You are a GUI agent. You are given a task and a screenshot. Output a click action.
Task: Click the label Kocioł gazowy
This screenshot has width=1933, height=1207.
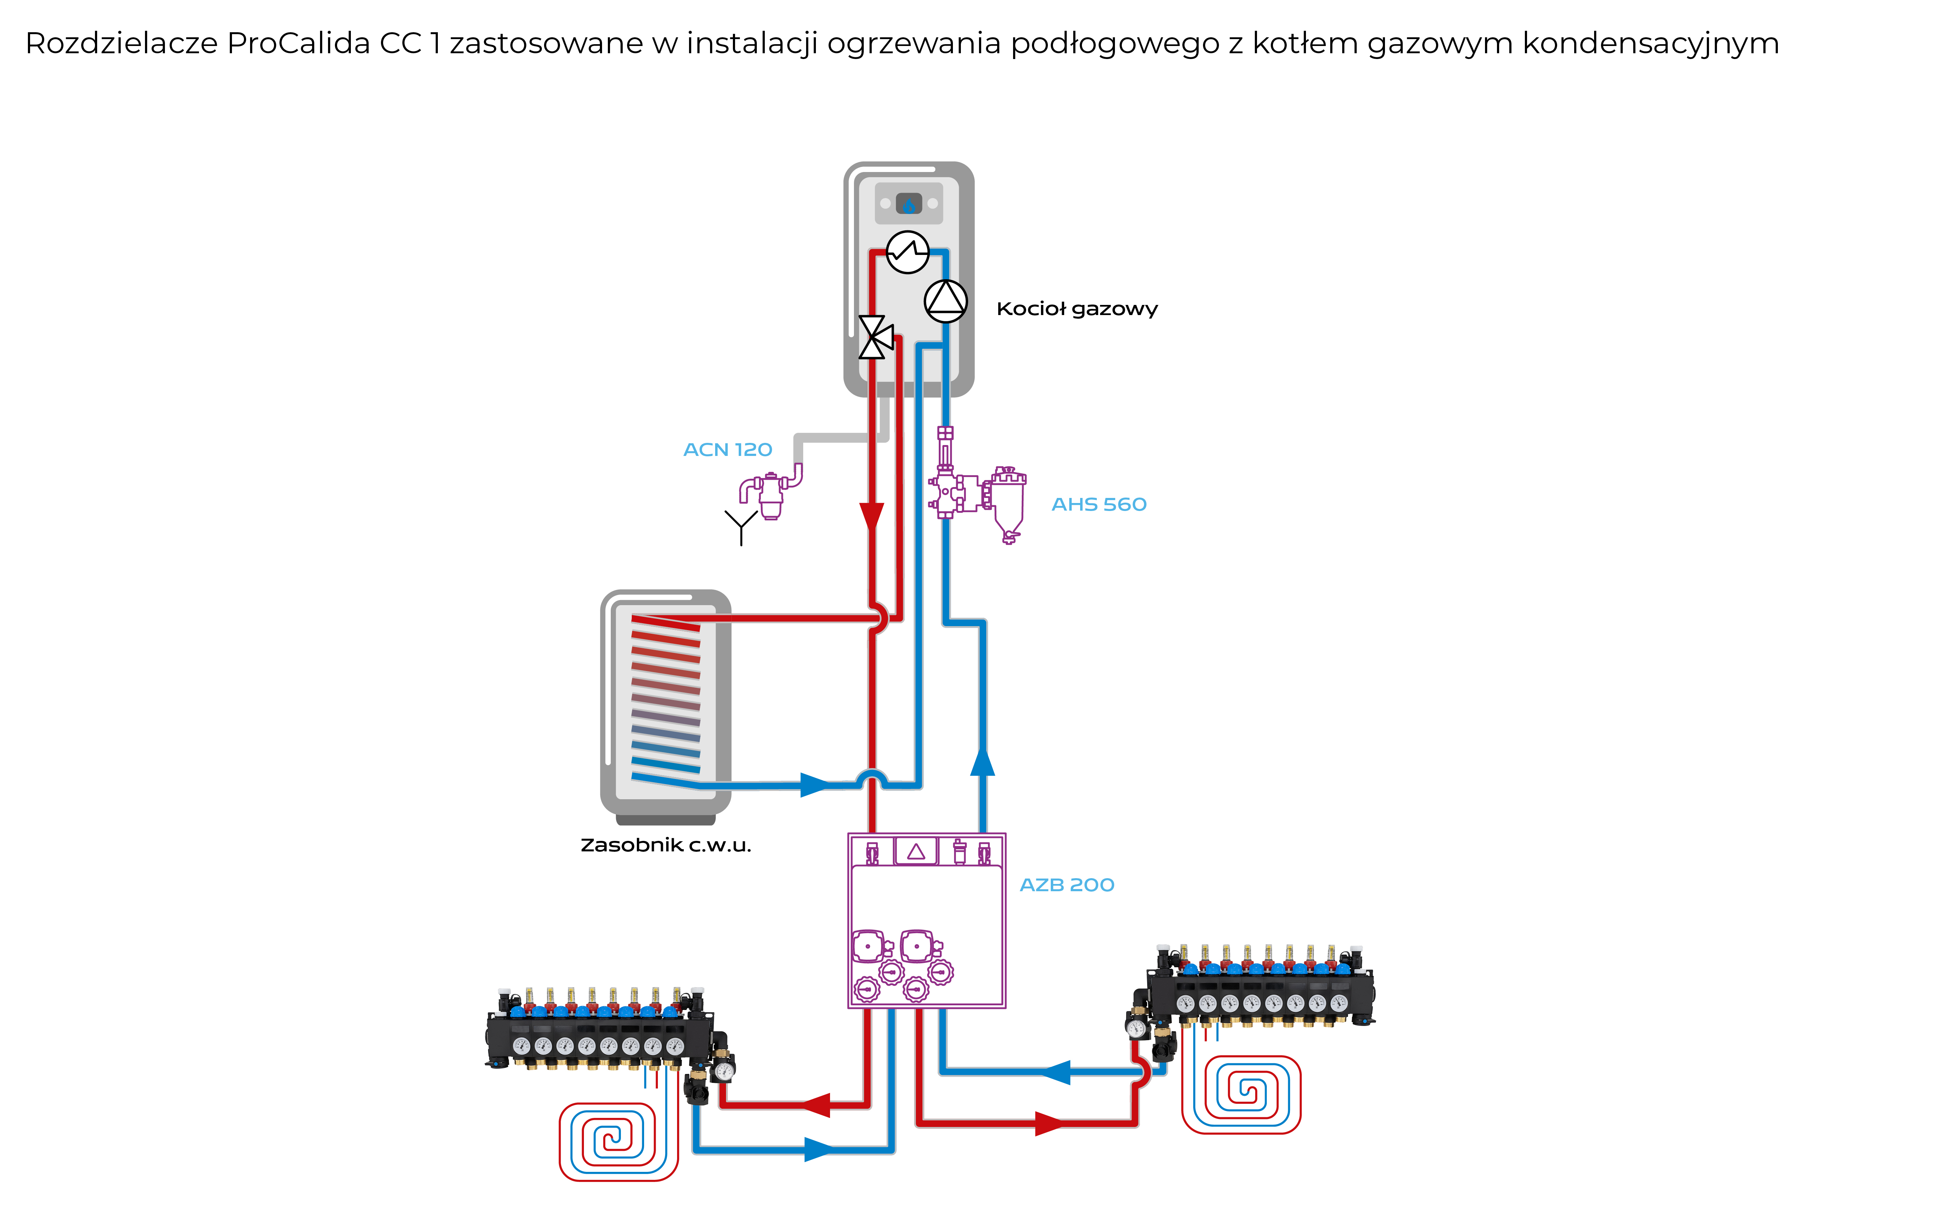coord(1077,309)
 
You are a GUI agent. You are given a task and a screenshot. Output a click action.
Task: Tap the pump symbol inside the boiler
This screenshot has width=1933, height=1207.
coord(946,301)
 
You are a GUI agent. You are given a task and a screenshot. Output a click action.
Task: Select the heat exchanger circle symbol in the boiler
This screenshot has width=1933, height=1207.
coord(907,252)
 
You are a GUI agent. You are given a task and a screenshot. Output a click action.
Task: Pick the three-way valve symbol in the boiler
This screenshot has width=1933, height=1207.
coord(874,337)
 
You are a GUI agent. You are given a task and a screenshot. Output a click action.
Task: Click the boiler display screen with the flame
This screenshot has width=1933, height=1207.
coord(909,204)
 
